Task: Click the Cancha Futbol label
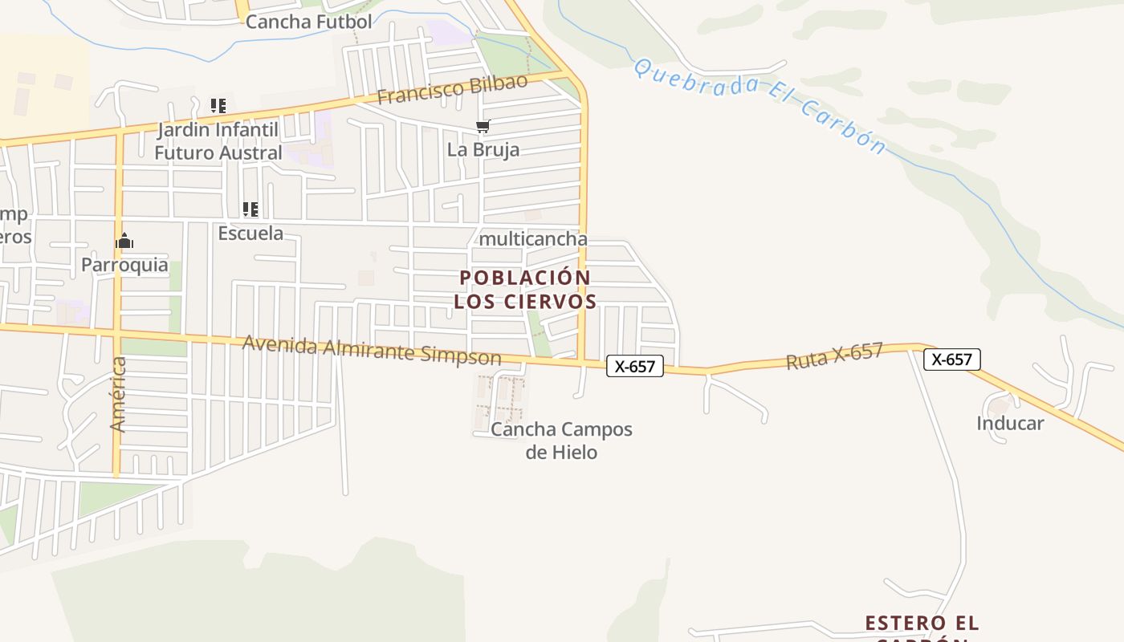[308, 22]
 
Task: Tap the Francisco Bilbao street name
[452, 89]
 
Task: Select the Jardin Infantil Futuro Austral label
[218, 141]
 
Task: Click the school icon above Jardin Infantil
[218, 105]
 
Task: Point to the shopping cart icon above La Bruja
[483, 126]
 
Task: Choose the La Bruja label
[483, 149]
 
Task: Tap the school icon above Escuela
[250, 209]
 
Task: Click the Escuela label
[250, 233]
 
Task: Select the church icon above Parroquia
[124, 241]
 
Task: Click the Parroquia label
[124, 265]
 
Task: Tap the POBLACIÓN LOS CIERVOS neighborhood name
[525, 290]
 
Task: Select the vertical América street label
[118, 394]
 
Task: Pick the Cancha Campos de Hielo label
[561, 441]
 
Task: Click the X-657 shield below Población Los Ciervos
[634, 366]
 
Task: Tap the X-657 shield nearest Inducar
[951, 359]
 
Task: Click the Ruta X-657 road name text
[834, 356]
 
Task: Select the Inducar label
[1009, 423]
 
